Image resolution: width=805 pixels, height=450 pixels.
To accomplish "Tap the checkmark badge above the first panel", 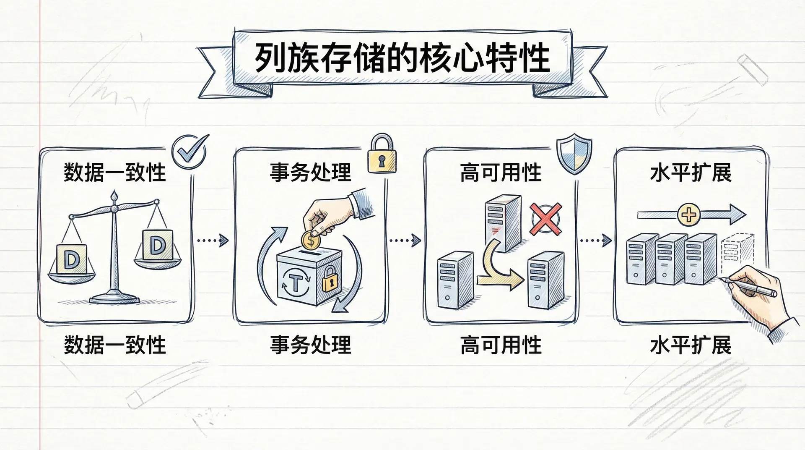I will [190, 152].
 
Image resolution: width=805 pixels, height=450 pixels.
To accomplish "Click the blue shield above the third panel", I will [574, 153].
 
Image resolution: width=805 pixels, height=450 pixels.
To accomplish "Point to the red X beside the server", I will [545, 219].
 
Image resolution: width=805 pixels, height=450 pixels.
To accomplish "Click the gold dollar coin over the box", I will [311, 241].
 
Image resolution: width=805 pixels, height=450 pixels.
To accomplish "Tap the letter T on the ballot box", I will [295, 283].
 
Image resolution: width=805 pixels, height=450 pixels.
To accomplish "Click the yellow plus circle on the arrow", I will [689, 215].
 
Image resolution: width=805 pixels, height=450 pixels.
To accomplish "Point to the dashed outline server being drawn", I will [733, 254].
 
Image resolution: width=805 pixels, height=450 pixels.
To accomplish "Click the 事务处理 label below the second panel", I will [311, 345].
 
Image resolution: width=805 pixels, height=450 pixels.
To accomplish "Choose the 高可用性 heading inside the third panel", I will [501, 173].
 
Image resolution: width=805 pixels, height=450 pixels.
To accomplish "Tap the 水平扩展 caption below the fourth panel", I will [691, 345].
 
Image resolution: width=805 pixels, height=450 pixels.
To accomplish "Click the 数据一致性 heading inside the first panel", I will [115, 173].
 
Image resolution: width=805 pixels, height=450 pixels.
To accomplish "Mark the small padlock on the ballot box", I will [330, 280].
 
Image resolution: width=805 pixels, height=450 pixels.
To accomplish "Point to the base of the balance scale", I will [114, 298].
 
